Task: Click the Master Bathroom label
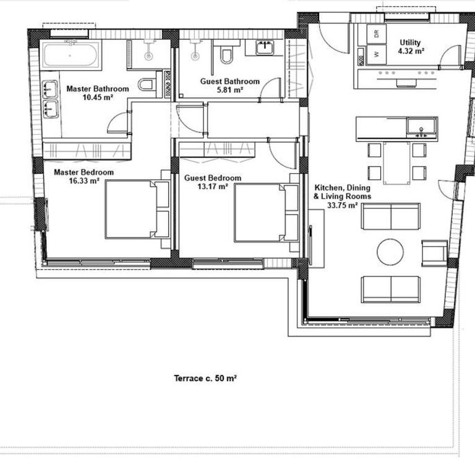point(98,89)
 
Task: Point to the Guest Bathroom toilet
point(226,56)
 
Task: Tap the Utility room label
point(411,43)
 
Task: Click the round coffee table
point(391,252)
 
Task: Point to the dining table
point(396,163)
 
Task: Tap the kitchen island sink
point(422,129)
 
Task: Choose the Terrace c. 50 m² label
point(206,378)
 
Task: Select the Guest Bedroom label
point(213,178)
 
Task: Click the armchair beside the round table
point(434,252)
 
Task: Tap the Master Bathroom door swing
point(118,124)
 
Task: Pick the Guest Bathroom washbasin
point(267,47)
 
